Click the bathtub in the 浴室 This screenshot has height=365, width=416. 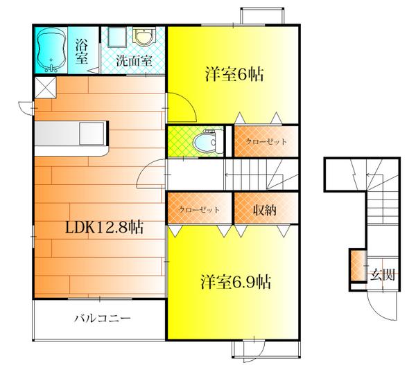(x=51, y=50)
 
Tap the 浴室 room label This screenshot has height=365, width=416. (x=81, y=51)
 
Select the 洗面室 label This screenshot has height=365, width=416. (x=134, y=61)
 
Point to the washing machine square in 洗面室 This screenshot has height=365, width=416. (x=117, y=37)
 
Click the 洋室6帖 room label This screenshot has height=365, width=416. (x=234, y=75)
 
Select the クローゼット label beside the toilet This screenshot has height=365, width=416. (x=266, y=141)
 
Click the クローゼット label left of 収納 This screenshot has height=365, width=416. (x=200, y=210)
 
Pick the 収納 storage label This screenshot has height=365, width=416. (x=265, y=210)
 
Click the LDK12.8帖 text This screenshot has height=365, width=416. (x=105, y=227)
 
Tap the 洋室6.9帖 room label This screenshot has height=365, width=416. (x=236, y=282)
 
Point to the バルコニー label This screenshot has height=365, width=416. (x=103, y=318)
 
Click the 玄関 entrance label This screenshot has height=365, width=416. (x=383, y=274)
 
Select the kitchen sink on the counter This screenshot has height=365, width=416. (x=92, y=134)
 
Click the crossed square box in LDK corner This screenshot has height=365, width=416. (x=45, y=87)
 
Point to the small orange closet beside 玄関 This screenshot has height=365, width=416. (x=356, y=265)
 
